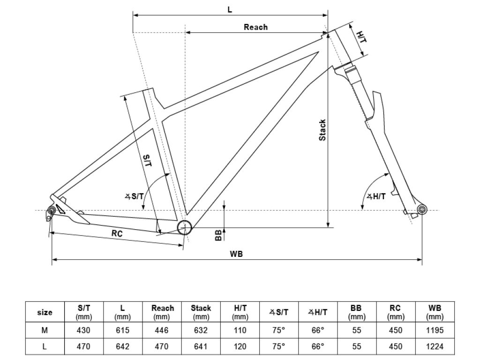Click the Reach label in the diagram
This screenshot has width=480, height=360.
coord(255,27)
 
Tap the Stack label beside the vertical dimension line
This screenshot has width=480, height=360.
coord(322,130)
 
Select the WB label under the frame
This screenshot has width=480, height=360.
coord(236,254)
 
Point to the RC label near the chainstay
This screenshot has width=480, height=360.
coord(117,233)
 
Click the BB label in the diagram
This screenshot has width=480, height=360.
coord(218,235)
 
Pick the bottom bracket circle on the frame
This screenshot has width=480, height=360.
coord(185,227)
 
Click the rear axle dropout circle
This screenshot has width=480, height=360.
coord(51,210)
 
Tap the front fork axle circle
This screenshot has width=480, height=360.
coord(422,210)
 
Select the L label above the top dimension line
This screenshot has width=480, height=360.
coord(230,10)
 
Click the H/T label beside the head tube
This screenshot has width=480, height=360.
coord(361,37)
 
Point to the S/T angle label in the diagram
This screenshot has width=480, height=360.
coord(134,196)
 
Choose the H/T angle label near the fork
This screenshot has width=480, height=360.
coord(376,196)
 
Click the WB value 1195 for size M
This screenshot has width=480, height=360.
coord(435,330)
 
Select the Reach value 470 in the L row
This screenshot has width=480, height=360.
coord(161,346)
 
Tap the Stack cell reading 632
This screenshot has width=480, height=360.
coord(201,330)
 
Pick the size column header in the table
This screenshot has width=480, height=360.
coord(45,312)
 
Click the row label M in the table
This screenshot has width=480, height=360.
coord(45,330)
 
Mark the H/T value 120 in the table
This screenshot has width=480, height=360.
coord(240,346)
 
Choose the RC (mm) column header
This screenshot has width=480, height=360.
coord(396,312)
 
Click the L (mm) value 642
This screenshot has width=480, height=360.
coord(122,346)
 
